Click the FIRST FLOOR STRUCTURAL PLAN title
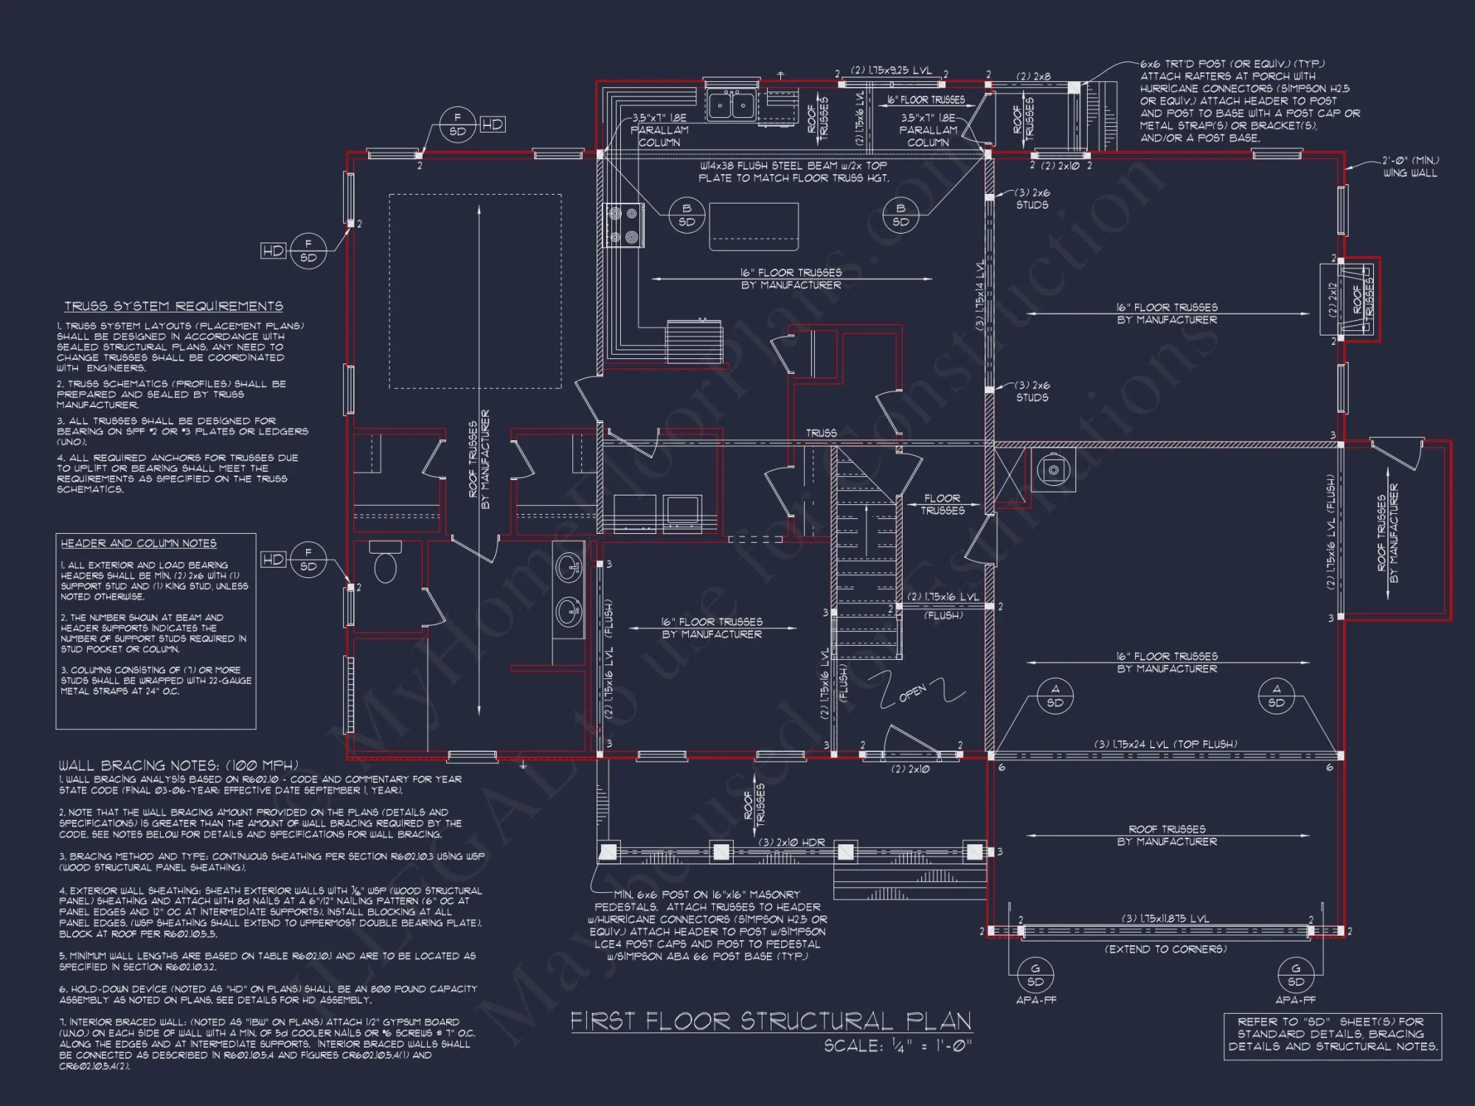coord(771,1021)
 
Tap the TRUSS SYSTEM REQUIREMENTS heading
coord(173,306)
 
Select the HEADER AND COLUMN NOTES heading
coord(139,543)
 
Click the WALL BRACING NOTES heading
coord(178,765)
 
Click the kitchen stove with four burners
coord(622,226)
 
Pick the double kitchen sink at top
coord(731,105)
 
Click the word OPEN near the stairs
coord(912,693)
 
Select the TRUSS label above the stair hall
coord(821,433)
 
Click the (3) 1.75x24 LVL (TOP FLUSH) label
coord(1166,744)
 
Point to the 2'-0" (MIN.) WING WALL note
coord(1409,167)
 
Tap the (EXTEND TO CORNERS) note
coord(1165,949)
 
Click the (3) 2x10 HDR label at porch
coord(791,842)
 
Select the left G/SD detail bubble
coord(1035,975)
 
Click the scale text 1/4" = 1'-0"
coord(898,1046)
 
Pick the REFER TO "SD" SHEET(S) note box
coord(1333,1034)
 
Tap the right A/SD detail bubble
coord(1277,695)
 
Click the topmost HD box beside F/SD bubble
coord(493,125)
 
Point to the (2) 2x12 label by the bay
coord(1333,301)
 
